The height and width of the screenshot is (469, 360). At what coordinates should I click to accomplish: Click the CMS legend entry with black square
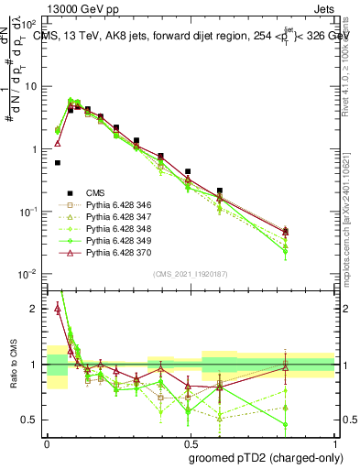pos(95,193)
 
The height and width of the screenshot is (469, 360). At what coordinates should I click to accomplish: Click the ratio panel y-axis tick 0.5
pos(33,420)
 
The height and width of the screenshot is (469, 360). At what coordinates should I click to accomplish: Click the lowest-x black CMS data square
pos(57,162)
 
